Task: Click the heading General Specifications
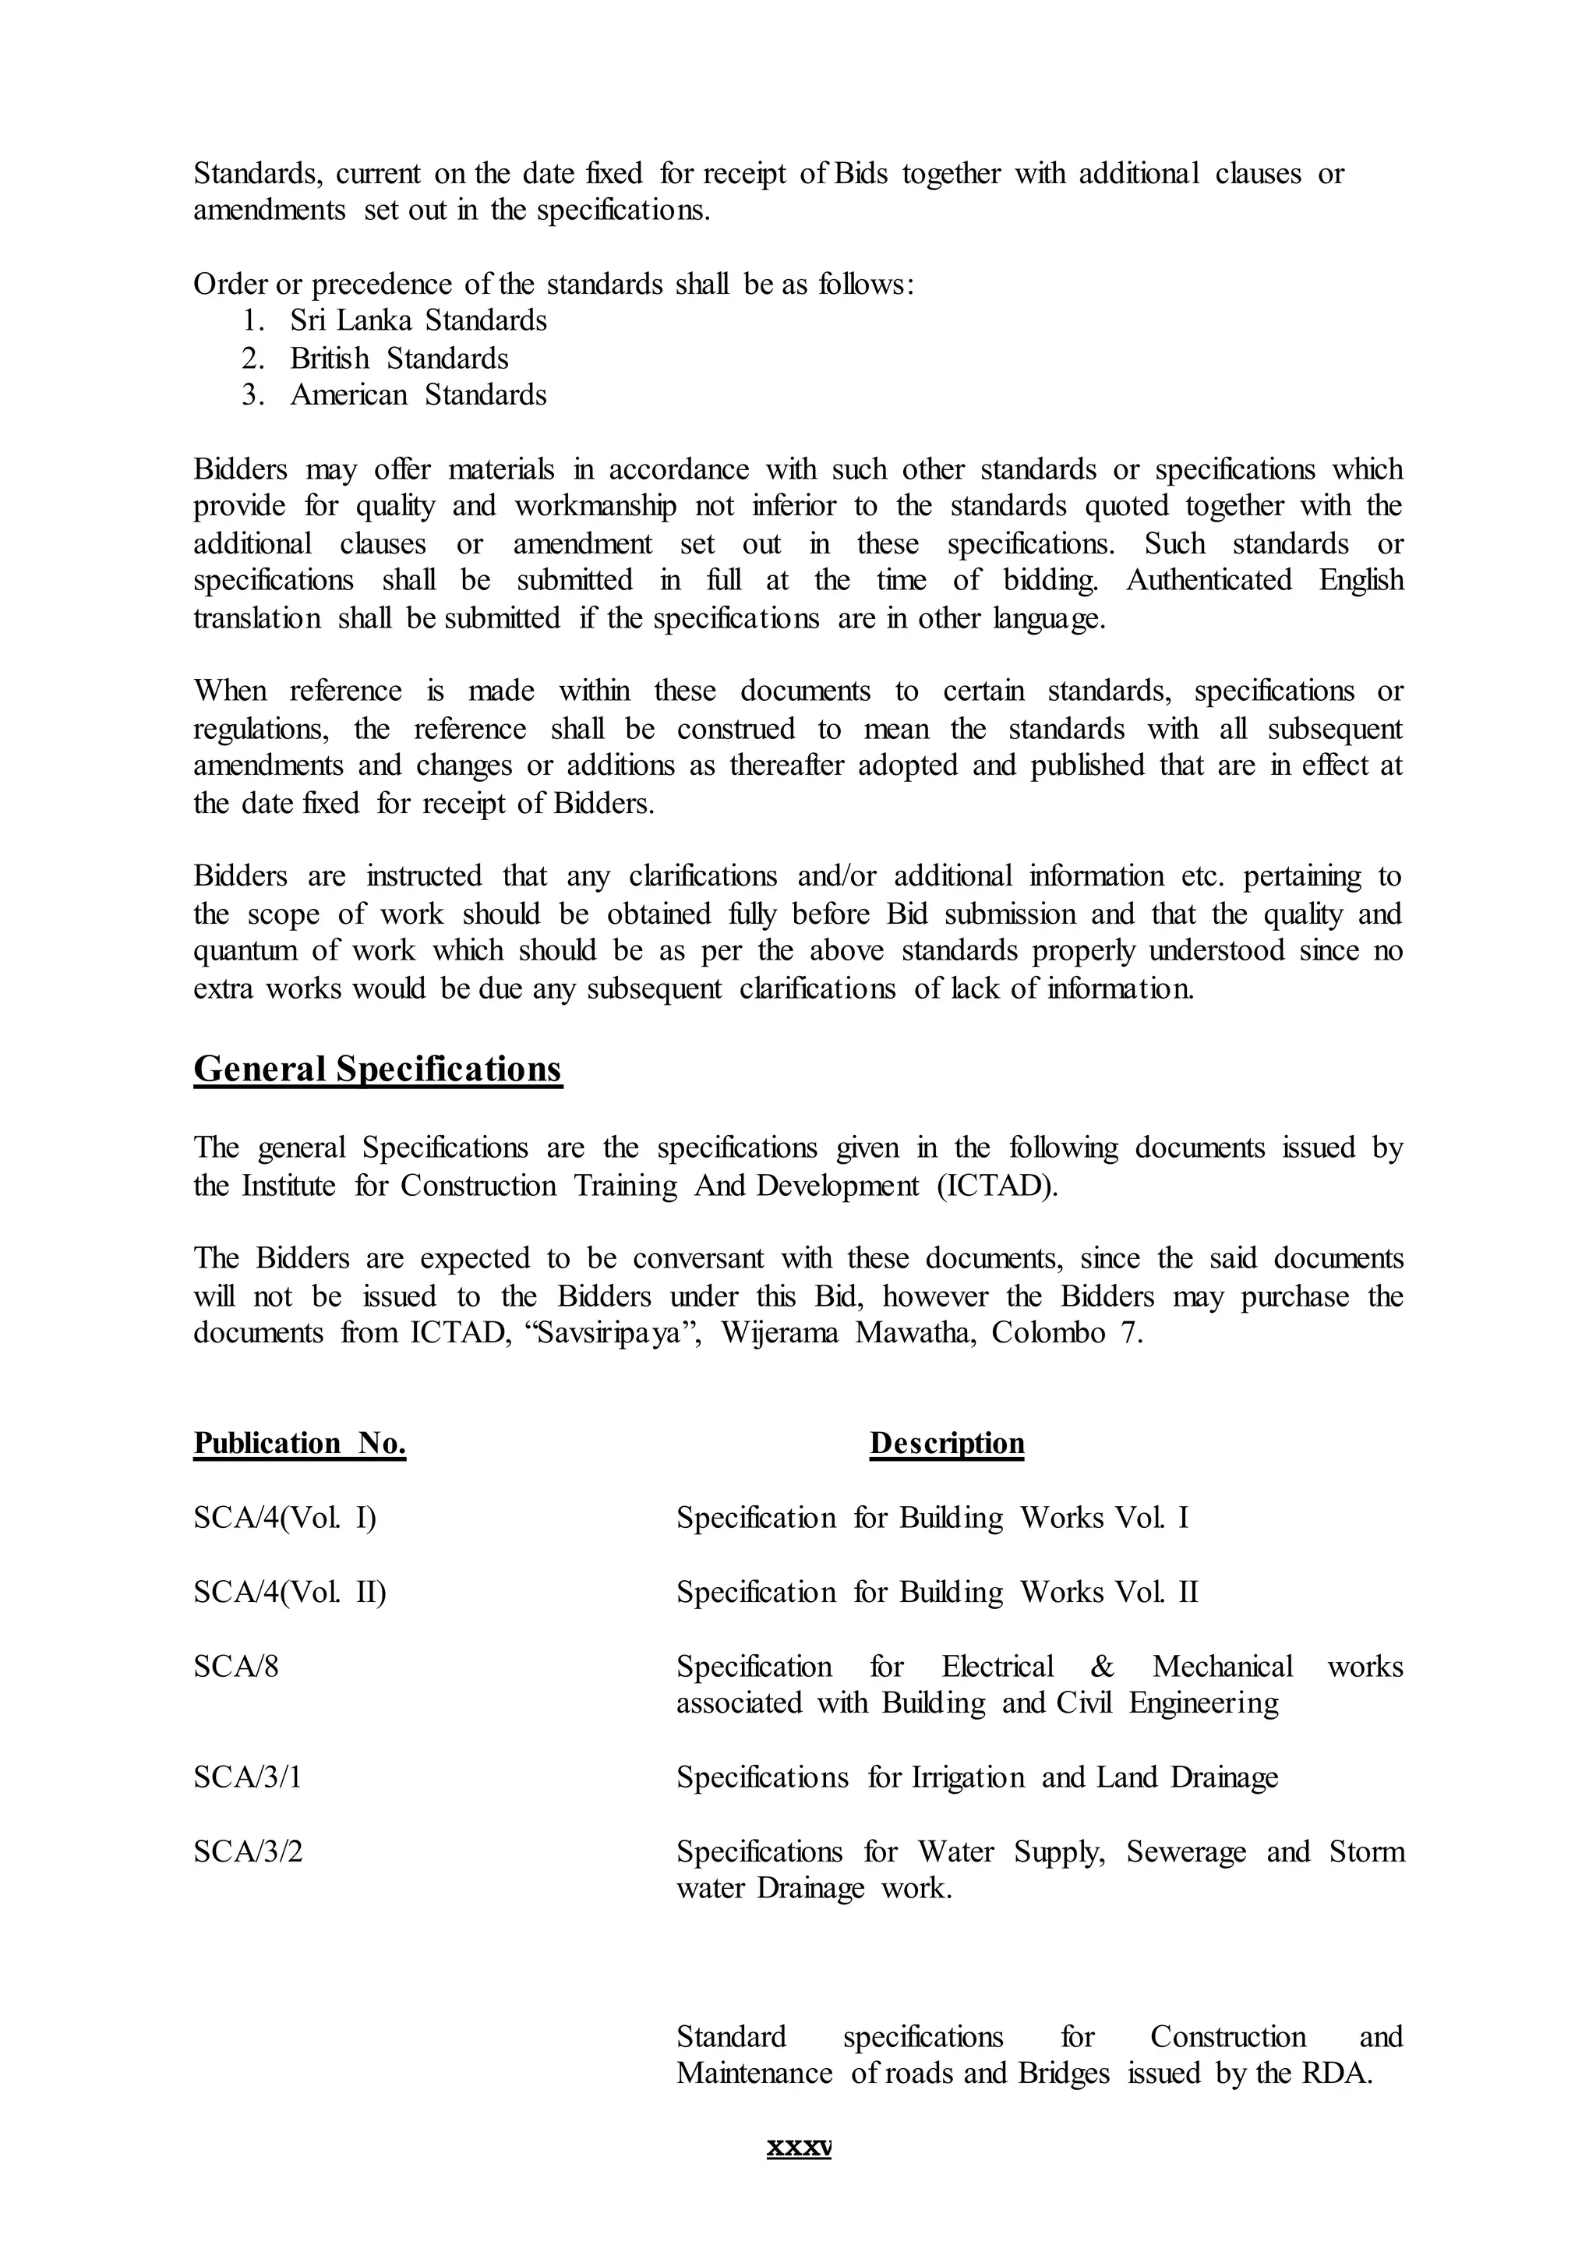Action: click(377, 1069)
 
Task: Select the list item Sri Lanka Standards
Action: click(418, 320)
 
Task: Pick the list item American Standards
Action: click(418, 395)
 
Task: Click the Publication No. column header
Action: click(300, 1443)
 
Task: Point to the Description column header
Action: click(946, 1443)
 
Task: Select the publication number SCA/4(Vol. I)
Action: click(285, 1518)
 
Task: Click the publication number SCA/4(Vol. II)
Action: click(290, 1593)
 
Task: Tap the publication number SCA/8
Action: click(236, 1667)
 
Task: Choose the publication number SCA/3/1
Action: click(247, 1777)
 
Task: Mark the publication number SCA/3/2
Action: click(248, 1852)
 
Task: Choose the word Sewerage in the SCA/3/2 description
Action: click(1186, 1852)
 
